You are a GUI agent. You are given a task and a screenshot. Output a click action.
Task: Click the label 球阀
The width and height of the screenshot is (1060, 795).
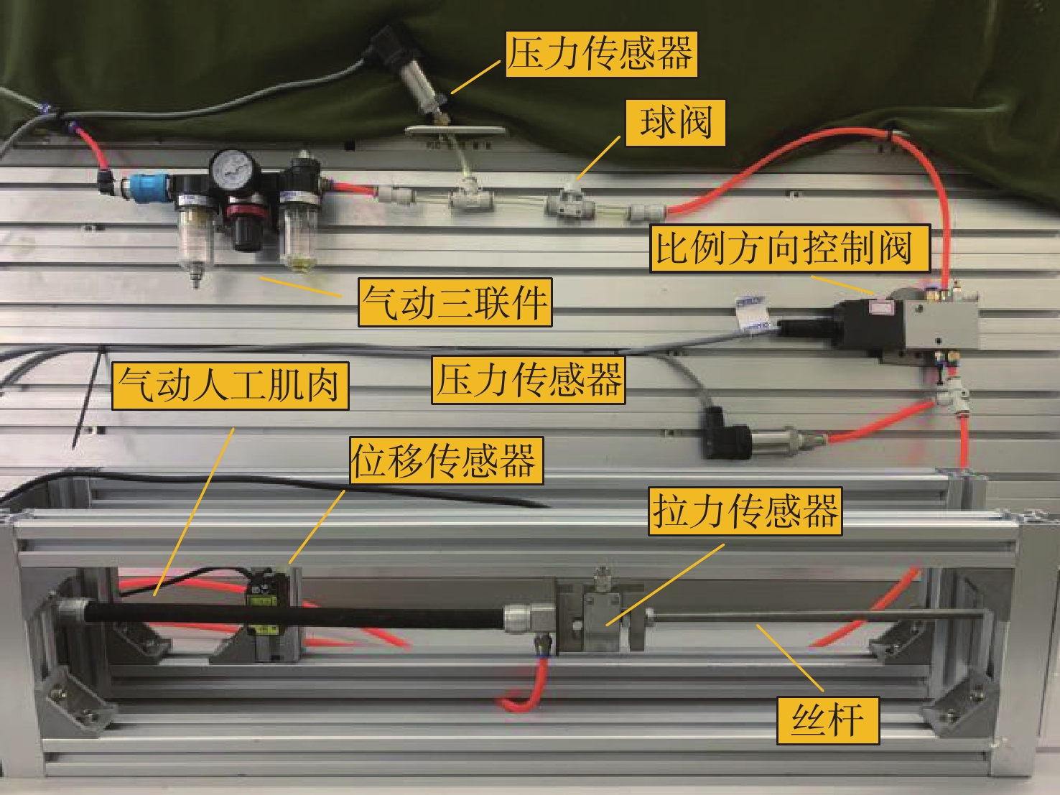[x=675, y=123]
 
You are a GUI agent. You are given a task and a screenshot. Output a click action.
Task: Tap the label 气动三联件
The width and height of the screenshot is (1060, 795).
[x=455, y=302]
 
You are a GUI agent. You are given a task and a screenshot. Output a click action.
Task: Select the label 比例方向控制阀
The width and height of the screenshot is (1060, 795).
[x=790, y=248]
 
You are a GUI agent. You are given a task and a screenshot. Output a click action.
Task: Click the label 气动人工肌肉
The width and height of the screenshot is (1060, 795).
[x=230, y=386]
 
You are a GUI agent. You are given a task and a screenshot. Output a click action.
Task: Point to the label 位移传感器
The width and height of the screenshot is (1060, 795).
[x=447, y=460]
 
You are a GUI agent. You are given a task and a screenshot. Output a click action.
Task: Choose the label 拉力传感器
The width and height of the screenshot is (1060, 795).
[x=745, y=511]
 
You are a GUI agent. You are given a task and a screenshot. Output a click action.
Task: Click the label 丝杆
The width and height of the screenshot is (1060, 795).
[x=828, y=720]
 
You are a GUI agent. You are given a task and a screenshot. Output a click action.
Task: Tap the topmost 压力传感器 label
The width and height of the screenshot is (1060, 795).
[x=601, y=54]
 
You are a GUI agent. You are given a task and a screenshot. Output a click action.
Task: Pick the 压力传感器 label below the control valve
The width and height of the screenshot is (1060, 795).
[x=529, y=380]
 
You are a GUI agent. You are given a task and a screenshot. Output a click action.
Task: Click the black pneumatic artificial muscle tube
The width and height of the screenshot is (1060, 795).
[x=294, y=615]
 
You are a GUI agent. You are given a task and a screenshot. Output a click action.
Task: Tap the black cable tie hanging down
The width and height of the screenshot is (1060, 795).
[x=87, y=399]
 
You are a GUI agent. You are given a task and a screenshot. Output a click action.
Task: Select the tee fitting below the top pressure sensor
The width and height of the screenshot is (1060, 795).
[x=471, y=195]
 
